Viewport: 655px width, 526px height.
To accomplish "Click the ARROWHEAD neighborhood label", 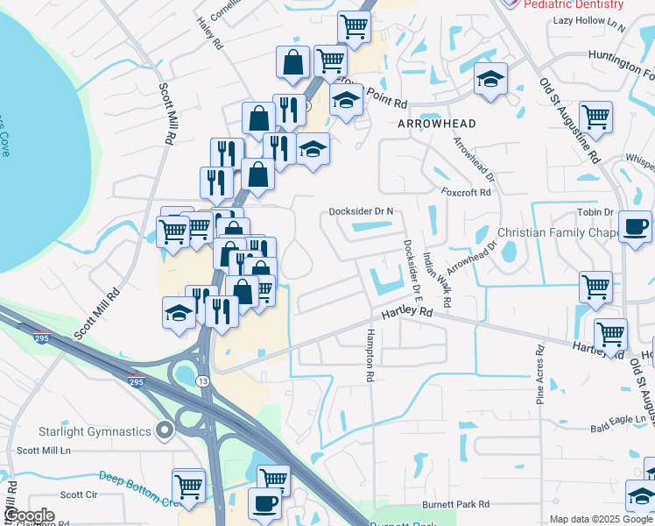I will coord(437,124).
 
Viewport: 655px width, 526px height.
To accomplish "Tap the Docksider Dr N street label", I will coord(362,211).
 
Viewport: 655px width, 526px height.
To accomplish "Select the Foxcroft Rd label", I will coord(467,192).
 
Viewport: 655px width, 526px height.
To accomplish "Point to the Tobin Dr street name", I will coord(595,213).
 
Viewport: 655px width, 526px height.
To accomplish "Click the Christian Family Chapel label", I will coord(558,232).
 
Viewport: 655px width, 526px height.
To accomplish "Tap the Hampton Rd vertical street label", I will coord(370,355).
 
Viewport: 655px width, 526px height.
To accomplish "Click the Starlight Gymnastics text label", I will coord(95,430).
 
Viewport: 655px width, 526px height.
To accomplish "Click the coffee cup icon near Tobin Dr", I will coord(635,227).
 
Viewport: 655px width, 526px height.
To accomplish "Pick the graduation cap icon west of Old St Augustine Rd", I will coord(490,80).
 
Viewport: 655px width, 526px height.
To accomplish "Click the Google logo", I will coord(28,515).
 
